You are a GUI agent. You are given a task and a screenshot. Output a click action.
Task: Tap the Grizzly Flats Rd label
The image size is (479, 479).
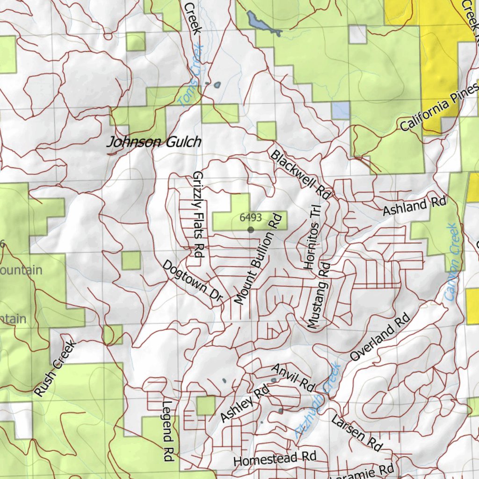pos(199,215)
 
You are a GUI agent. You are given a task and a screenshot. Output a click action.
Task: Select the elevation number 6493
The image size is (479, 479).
pos(250,218)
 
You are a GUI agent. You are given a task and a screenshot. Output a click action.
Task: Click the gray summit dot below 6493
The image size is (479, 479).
pos(251,230)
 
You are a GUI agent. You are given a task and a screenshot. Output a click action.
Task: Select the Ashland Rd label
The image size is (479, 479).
pos(414,206)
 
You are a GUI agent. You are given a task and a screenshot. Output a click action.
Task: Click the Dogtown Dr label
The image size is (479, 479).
pos(193,281)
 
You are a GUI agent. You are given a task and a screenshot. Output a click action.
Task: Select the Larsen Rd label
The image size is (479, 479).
pos(356,432)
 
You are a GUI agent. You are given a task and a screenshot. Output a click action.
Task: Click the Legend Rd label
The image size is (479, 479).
pos(167,431)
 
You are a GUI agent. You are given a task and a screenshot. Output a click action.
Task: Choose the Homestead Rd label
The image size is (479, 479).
pos(275,458)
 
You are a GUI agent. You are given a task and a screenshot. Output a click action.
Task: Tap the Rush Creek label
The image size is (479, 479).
pos(55,369)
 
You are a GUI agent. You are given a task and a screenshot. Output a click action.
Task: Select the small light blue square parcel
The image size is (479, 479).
pos(341,110)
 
